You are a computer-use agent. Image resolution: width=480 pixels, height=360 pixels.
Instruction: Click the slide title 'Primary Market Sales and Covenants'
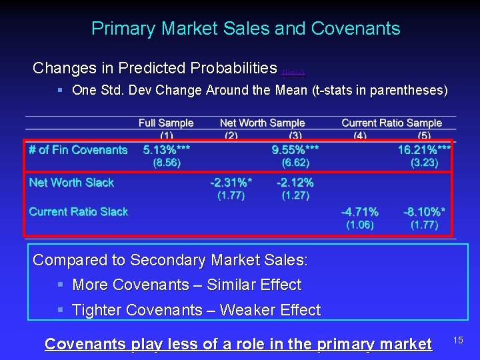245,29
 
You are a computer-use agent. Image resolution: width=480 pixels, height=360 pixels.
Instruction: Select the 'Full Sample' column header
166,123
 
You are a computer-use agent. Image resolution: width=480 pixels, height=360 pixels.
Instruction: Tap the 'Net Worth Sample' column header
262,123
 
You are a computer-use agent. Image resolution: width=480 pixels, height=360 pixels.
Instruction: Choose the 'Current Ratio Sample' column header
391,123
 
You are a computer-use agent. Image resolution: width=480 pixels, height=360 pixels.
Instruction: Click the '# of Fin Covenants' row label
78,150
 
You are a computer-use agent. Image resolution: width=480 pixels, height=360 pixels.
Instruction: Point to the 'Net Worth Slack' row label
71,183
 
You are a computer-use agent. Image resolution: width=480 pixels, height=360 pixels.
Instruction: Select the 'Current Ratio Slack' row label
79,212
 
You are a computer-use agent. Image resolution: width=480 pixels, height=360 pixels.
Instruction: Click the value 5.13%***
167,150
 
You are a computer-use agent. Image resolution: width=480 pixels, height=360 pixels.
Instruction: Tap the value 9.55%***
295,150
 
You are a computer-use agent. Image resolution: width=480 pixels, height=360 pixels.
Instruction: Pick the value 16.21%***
425,150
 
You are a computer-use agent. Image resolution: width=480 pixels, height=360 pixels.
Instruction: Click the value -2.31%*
231,183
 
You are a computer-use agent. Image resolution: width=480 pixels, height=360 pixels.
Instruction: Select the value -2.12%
295,183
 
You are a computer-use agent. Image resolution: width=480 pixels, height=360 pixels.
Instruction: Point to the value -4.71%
360,212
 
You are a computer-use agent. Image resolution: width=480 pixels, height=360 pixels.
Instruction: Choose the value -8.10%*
425,212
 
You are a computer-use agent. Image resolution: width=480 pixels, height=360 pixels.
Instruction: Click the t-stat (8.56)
167,163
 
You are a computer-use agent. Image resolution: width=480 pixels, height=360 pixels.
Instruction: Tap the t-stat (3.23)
424,163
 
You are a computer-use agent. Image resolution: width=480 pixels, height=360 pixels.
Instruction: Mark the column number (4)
360,135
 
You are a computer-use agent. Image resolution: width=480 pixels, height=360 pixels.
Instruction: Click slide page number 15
458,341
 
